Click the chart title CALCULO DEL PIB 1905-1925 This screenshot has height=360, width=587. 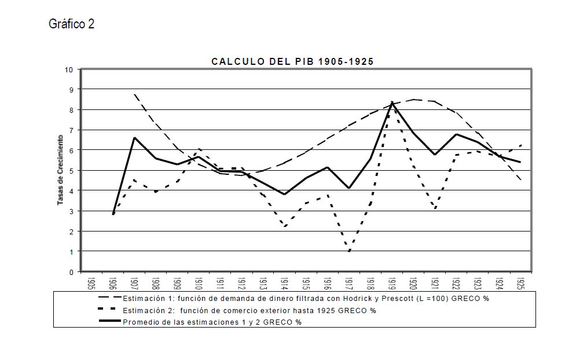point(292,61)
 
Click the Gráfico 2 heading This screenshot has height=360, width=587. point(72,24)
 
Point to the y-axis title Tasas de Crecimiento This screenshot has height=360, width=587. point(60,170)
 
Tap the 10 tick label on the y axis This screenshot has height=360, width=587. point(69,69)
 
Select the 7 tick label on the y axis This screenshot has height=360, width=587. point(71,130)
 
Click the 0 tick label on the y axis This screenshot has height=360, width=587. point(71,272)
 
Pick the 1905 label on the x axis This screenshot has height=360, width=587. point(91,283)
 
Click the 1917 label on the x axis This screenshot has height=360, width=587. point(349,283)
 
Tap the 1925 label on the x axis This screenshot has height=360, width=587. point(521,283)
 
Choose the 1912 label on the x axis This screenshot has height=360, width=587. point(242,283)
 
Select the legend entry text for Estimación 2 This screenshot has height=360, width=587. point(249,311)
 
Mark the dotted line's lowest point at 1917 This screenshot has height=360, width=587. point(349,251)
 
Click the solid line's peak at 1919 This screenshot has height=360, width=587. point(392,102)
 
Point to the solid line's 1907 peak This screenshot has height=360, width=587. point(134,138)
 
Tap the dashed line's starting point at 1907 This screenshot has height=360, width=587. point(134,94)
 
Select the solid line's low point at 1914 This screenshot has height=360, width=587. point(285,194)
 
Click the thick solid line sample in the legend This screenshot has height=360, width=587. point(110,321)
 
